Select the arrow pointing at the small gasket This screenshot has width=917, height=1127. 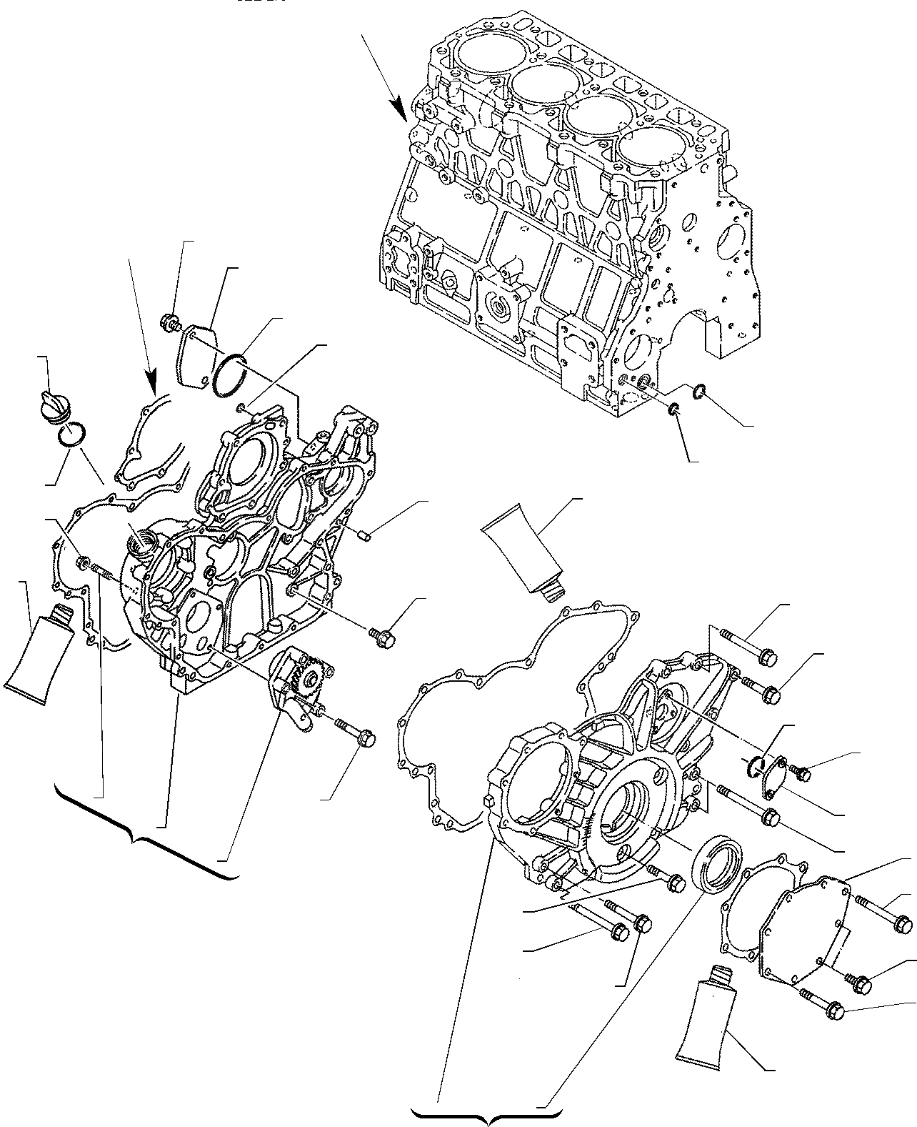point(143,329)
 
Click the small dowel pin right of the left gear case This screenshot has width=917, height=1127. point(364,533)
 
